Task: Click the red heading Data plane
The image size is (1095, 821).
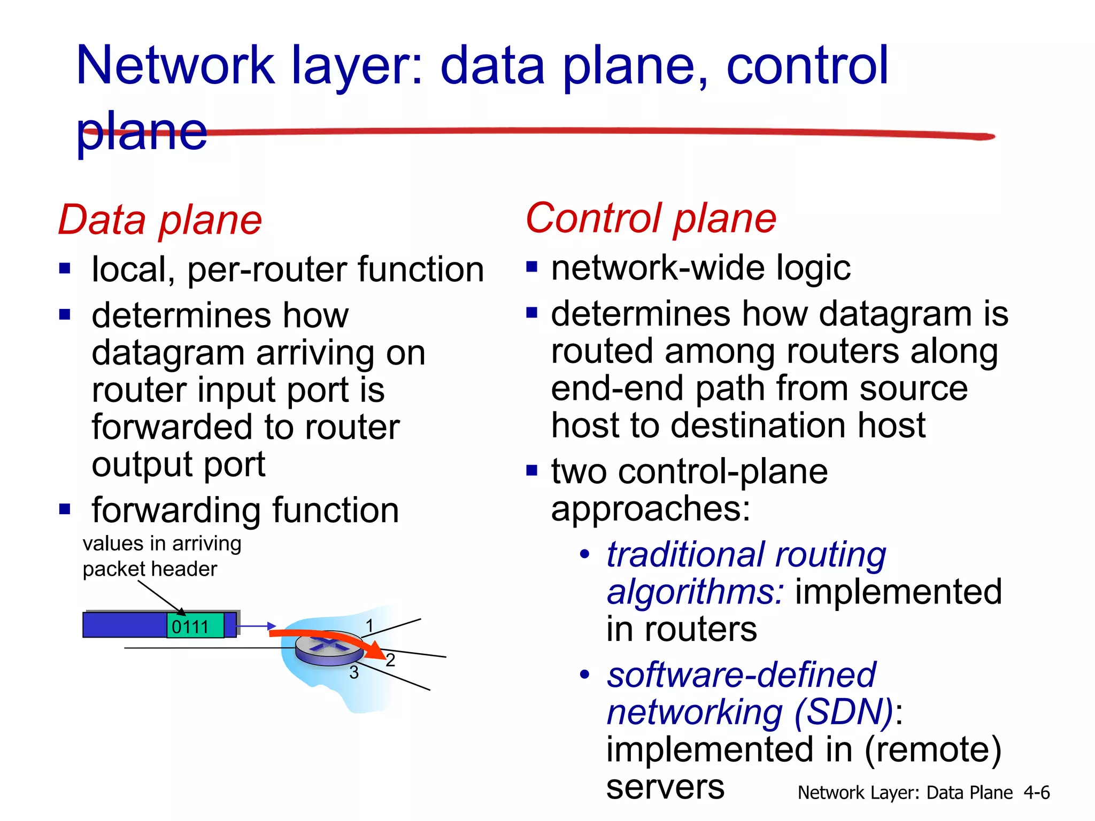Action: click(x=159, y=220)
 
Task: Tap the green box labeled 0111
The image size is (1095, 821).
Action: click(x=195, y=626)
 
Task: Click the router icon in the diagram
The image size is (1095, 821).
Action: click(x=329, y=648)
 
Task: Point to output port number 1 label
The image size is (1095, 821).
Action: click(x=369, y=625)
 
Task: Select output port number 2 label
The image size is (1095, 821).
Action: click(x=391, y=661)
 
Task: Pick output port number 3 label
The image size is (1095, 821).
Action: click(x=353, y=673)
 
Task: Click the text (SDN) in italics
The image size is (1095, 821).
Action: click(x=844, y=712)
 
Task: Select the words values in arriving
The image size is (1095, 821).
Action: click(x=161, y=544)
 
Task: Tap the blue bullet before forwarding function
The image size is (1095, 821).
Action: click(x=65, y=509)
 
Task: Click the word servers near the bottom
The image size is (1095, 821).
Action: click(x=665, y=787)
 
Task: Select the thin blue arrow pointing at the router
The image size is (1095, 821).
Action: click(x=256, y=626)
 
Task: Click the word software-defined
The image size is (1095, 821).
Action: click(x=741, y=675)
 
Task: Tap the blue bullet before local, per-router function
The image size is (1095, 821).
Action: click(x=65, y=268)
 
